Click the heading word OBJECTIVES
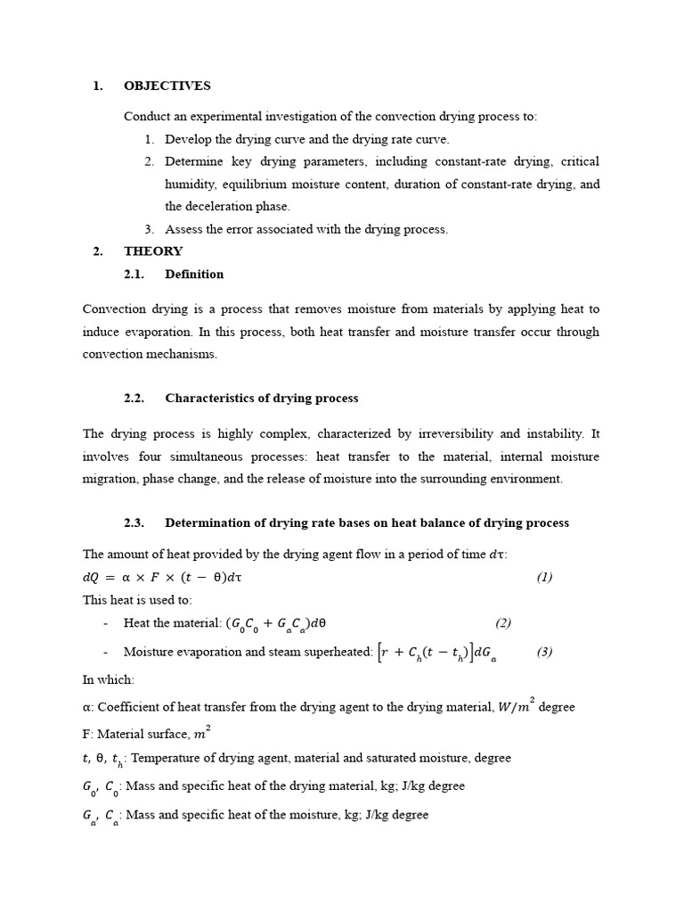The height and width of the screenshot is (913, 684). [167, 86]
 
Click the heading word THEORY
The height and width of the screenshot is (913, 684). [153, 251]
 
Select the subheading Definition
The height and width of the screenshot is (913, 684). [194, 274]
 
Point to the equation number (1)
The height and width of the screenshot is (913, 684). [544, 577]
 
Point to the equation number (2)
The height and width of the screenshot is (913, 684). [503, 623]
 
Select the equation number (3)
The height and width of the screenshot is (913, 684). [544, 652]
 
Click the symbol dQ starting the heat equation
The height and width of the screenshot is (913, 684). [92, 577]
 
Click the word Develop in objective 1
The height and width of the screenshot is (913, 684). [187, 140]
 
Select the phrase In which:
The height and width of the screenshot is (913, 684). [109, 679]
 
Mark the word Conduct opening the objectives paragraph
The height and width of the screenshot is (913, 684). [146, 117]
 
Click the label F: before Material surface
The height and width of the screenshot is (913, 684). [88, 735]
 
